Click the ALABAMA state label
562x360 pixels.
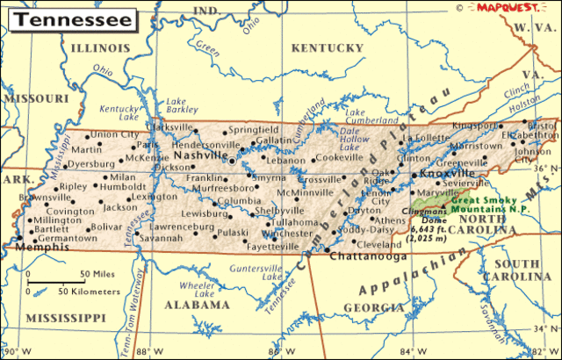click(199, 306)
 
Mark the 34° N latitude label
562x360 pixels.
click(544, 329)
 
